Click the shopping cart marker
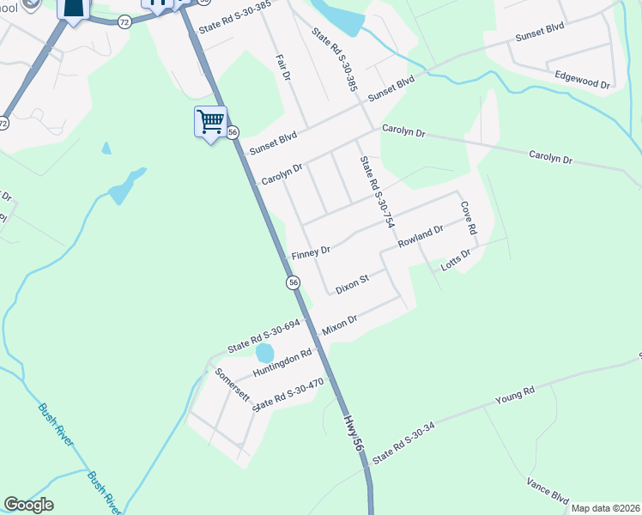pyautogui.click(x=210, y=121)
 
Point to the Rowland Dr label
pyautogui.click(x=420, y=238)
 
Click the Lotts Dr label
pyautogui.click(x=456, y=261)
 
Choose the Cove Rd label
pyautogui.click(x=468, y=218)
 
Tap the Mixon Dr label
pyautogui.click(x=339, y=324)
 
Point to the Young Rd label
pyautogui.click(x=515, y=396)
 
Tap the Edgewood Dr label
pyautogui.click(x=581, y=80)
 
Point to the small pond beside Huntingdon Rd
pyautogui.click(x=264, y=353)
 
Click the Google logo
pyautogui.click(x=28, y=505)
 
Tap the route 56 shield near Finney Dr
pyautogui.click(x=293, y=282)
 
